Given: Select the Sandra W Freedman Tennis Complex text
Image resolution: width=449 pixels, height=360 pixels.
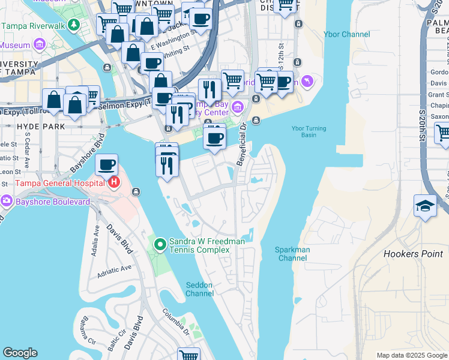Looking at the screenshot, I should pos(207,245).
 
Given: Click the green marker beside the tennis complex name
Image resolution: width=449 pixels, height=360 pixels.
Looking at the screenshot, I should pos(160,244).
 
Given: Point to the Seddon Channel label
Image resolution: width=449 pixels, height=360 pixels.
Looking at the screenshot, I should pos(199,289).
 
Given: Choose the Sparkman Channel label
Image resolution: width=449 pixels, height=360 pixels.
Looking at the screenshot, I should pos(292,254).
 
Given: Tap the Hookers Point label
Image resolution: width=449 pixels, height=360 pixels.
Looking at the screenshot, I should pos(412,254).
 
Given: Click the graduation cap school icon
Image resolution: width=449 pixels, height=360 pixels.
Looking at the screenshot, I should pos(425,206).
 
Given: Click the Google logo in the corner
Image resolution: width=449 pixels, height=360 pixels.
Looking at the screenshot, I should pos(20,353).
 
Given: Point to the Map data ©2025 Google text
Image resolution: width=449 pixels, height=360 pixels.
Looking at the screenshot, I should pos(411,355).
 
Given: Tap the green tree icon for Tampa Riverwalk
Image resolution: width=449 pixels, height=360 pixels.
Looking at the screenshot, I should pos(73,26).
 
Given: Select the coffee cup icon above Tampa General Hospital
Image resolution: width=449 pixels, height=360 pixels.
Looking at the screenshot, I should pos(106,164).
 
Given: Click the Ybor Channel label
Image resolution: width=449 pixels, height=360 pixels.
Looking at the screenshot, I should pos(346,34).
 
